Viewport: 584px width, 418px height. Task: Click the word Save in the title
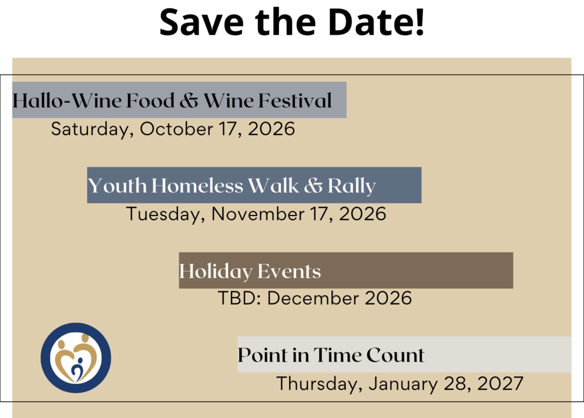tap(201, 22)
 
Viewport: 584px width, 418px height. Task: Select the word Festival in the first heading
tap(295, 100)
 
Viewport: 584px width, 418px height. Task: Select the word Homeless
tap(197, 185)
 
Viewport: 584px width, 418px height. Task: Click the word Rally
tap(351, 186)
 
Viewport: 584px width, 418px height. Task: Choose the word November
tap(258, 214)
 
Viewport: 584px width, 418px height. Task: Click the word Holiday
tap(216, 271)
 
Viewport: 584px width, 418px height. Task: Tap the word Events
tap(289, 271)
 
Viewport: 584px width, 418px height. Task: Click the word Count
tap(396, 355)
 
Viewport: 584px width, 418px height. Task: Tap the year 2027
tap(500, 383)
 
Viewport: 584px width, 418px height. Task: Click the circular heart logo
tap(76, 358)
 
